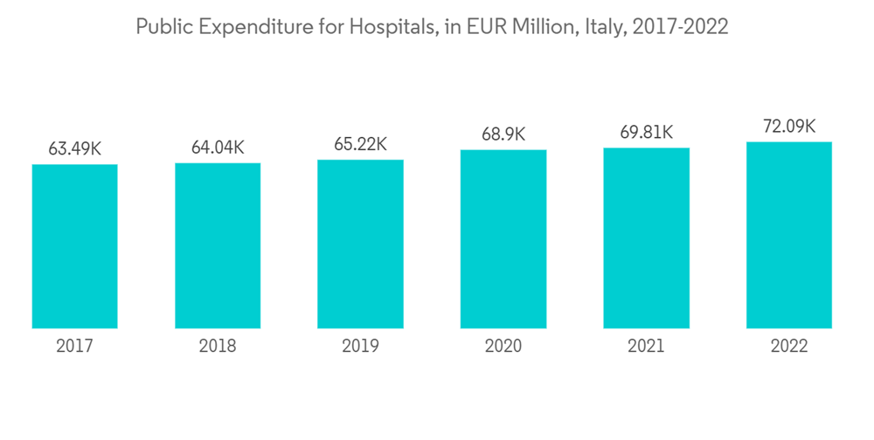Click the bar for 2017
[x=74, y=246]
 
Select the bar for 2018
[x=218, y=245]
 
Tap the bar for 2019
[x=360, y=244]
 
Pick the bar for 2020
[x=503, y=239]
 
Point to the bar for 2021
[x=646, y=238]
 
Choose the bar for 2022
[x=788, y=235]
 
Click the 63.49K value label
[x=74, y=148]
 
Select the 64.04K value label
[x=218, y=147]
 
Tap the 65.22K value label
[x=360, y=144]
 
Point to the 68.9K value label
[x=503, y=134]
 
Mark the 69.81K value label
[x=646, y=132]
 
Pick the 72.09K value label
[x=788, y=126]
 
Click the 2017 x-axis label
[x=74, y=346]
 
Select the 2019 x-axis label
[x=360, y=346]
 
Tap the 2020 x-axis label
[x=503, y=346]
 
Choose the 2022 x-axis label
[x=788, y=346]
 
